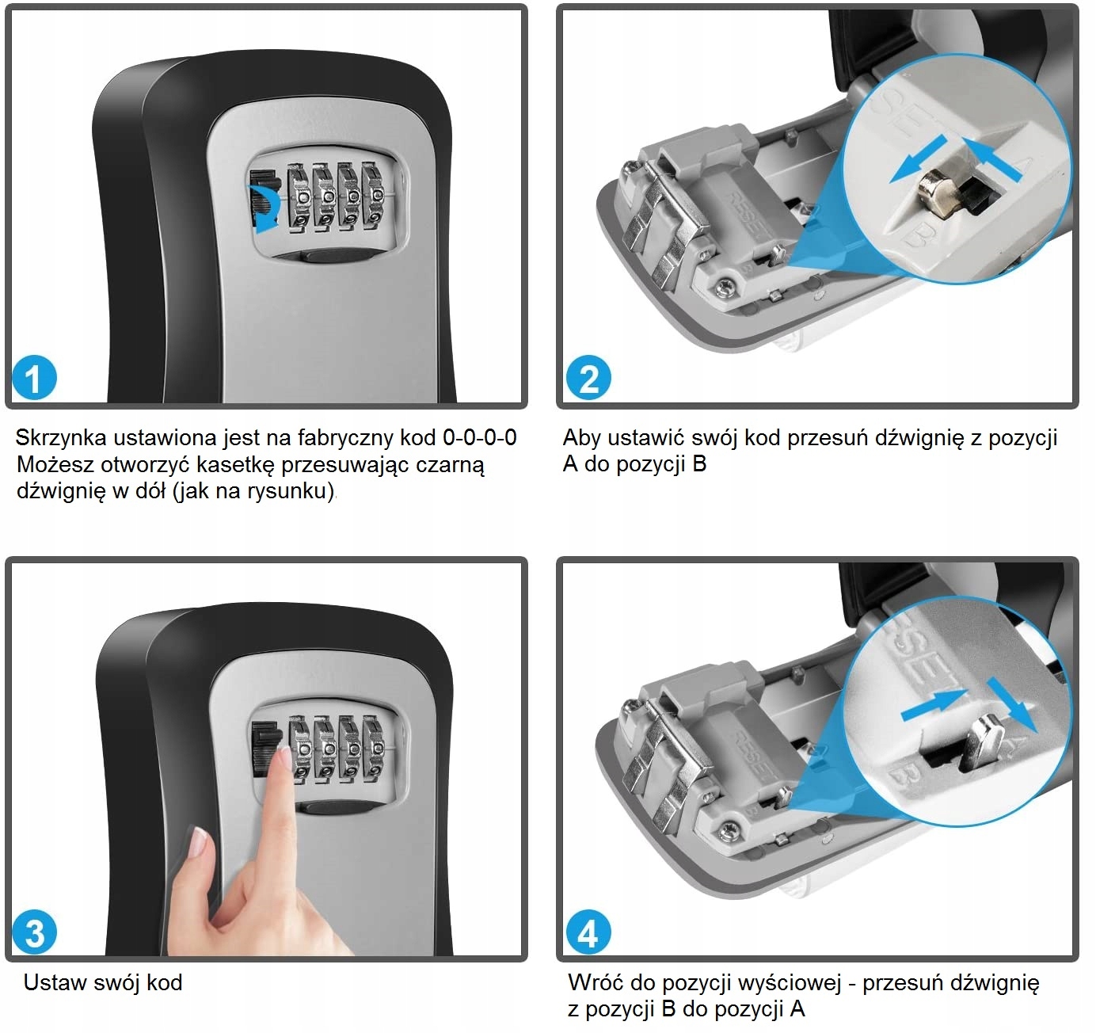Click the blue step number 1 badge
pyautogui.click(x=34, y=378)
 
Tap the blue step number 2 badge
pyautogui.click(x=589, y=378)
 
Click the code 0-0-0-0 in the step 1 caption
pyautogui.click(x=480, y=437)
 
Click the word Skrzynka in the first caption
pyautogui.click(x=61, y=438)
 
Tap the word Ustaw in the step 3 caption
pyautogui.click(x=54, y=983)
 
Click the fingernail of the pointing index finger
pyautogui.click(x=285, y=758)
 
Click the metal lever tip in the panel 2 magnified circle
pyautogui.click(x=934, y=192)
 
